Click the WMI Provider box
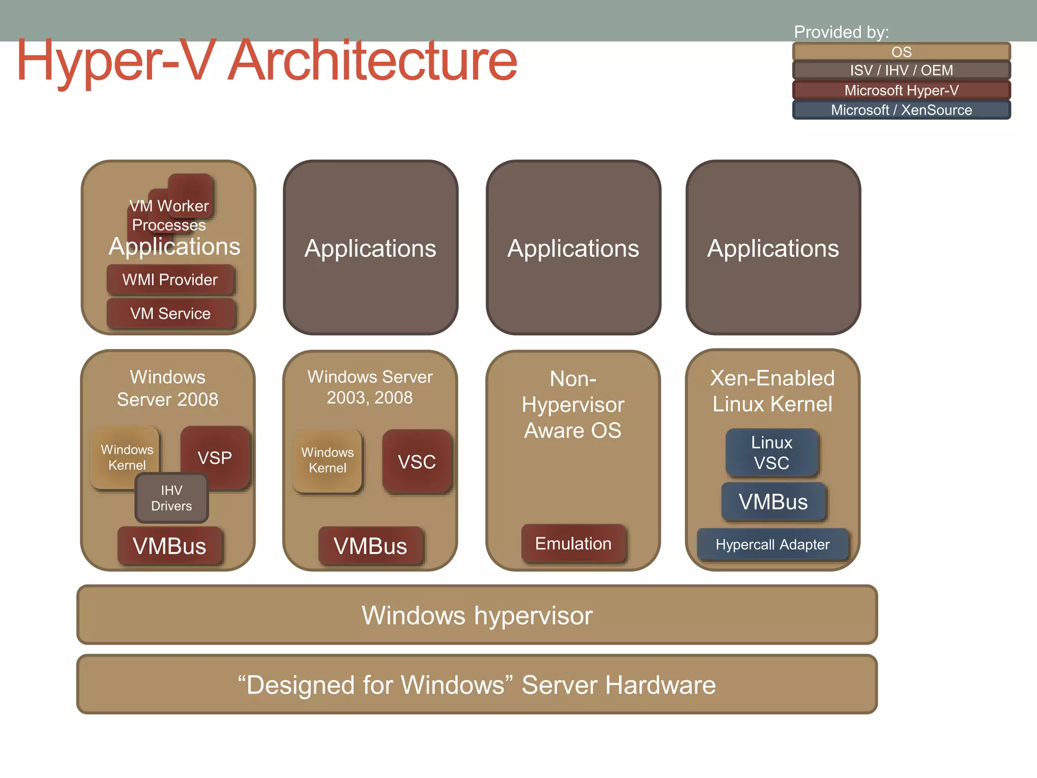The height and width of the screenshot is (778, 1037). tap(170, 280)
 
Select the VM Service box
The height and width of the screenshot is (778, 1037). tap(170, 314)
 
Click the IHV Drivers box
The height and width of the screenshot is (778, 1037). tap(172, 498)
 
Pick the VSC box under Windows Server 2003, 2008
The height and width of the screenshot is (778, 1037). tap(417, 461)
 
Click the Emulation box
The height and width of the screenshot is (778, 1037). tap(573, 543)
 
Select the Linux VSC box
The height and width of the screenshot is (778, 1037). tap(771, 452)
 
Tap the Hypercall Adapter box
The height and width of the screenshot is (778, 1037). tap(772, 544)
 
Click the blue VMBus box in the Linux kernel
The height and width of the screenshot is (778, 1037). tap(773, 502)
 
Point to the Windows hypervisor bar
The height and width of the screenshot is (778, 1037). tap(476, 615)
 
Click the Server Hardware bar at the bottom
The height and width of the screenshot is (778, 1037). tap(476, 685)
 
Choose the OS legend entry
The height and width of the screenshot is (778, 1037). tap(901, 52)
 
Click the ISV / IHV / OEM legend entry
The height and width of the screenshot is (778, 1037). tap(901, 70)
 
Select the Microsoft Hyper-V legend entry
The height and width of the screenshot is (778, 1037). tap(901, 90)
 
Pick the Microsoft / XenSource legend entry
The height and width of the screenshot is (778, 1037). tap(901, 110)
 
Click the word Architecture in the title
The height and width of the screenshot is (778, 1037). tap(372, 61)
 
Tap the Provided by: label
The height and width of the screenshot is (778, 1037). tap(841, 32)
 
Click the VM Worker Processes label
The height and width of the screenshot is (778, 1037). tap(169, 215)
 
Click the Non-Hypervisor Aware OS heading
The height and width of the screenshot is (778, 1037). tap(573, 404)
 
